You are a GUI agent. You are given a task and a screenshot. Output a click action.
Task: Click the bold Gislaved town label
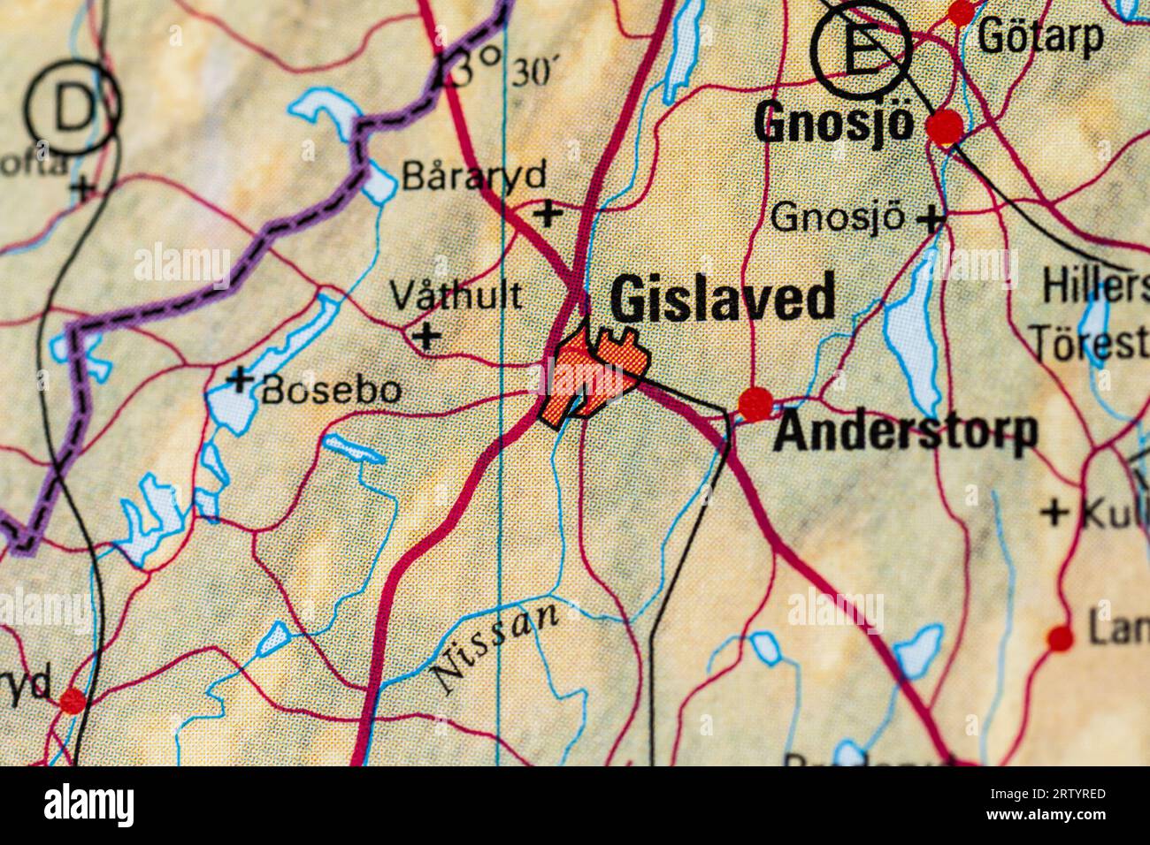pyautogui.click(x=723, y=299)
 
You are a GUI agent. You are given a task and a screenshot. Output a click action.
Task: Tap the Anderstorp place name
pyautogui.click(x=905, y=432)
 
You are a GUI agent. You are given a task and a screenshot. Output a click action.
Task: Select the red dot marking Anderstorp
pyautogui.click(x=755, y=404)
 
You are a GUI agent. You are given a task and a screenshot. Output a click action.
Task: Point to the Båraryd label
pyautogui.click(x=474, y=176)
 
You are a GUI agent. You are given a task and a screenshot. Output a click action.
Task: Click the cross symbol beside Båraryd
pyautogui.click(x=549, y=212)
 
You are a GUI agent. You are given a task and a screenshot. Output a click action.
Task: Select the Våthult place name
pyautogui.click(x=456, y=295)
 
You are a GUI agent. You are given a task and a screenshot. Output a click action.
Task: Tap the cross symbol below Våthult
pyautogui.click(x=427, y=336)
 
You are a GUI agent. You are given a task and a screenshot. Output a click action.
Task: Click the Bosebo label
pyautogui.click(x=331, y=389)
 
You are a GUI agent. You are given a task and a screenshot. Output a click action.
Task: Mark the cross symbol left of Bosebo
pyautogui.click(x=239, y=380)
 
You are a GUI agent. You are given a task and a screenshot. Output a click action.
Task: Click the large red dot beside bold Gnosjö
pyautogui.click(x=945, y=126)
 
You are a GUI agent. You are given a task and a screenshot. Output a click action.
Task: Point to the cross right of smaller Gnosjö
pyautogui.click(x=929, y=217)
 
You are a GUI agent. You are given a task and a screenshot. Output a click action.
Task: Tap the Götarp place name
pyautogui.click(x=1040, y=37)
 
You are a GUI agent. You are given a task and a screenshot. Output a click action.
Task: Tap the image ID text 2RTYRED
pyautogui.click(x=1058, y=793)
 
